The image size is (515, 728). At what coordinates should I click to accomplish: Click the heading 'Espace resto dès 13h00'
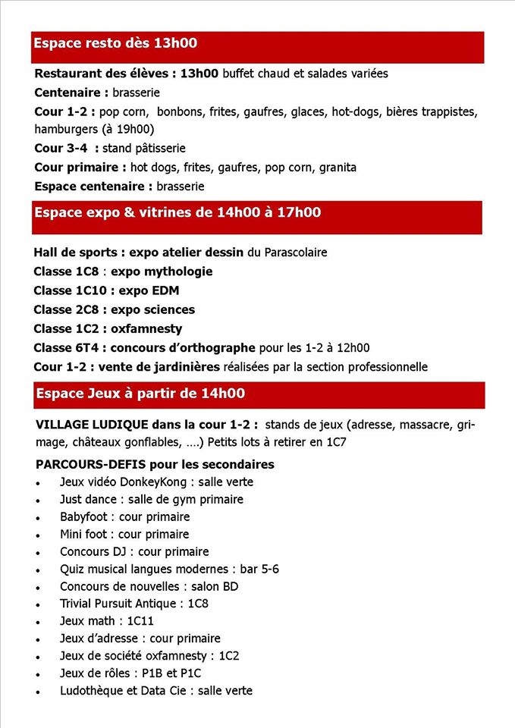pyautogui.click(x=115, y=43)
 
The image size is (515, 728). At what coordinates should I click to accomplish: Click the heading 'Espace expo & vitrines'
pyautogui.click(x=113, y=213)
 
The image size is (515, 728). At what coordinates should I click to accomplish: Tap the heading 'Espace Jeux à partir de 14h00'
pyautogui.click(x=140, y=394)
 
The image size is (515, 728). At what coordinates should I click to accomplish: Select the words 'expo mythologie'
pyautogui.click(x=162, y=271)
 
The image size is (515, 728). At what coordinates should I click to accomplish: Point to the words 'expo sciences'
pyautogui.click(x=152, y=309)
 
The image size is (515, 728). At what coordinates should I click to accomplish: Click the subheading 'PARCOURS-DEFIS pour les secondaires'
pyautogui.click(x=155, y=464)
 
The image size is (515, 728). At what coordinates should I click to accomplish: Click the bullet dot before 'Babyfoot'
pyautogui.click(x=38, y=518)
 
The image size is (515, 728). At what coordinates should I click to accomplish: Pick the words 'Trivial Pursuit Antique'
pyautogui.click(x=121, y=604)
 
